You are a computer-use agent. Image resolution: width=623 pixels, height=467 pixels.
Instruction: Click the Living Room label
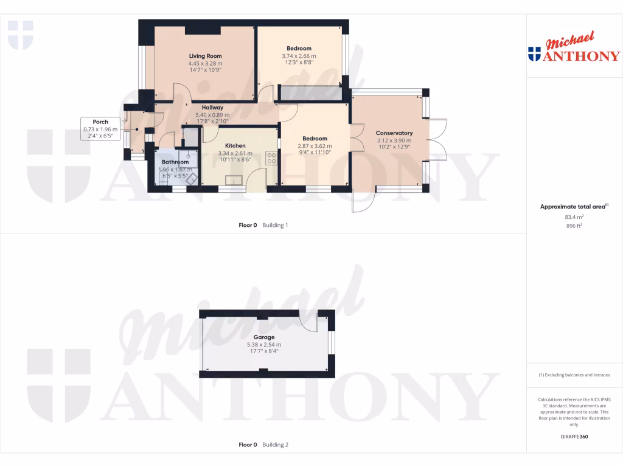205,56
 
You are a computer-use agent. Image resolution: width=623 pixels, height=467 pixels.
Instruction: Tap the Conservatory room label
394,133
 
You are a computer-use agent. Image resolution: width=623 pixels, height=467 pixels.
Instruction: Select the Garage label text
264,337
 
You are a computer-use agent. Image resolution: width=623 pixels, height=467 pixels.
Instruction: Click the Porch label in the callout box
100,122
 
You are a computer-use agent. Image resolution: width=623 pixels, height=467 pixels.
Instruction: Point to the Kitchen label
235,146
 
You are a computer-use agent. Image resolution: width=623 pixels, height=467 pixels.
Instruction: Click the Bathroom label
175,162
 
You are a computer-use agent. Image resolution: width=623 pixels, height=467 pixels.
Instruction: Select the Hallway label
212,108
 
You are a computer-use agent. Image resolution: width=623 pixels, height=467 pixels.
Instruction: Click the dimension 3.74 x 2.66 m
299,56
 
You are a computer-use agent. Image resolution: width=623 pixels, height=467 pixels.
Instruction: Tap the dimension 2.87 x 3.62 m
315,146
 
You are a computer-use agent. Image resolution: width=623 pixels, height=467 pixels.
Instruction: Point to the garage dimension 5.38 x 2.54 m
264,345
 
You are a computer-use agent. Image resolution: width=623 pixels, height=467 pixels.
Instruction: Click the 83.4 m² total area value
574,216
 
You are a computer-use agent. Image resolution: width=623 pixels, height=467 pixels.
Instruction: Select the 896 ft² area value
574,225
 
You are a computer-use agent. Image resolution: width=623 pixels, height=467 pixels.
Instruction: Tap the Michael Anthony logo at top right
574,49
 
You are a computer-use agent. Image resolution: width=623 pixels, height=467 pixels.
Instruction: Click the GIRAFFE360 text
574,437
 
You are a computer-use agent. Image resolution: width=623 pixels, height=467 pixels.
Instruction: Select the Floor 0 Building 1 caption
263,225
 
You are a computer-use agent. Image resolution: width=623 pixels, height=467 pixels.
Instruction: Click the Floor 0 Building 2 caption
263,445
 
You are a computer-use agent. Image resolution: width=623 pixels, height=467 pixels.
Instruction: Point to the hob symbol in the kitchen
271,157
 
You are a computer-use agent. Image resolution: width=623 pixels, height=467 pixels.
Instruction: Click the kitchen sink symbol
234,179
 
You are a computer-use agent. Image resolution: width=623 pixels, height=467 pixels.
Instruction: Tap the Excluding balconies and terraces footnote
574,375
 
